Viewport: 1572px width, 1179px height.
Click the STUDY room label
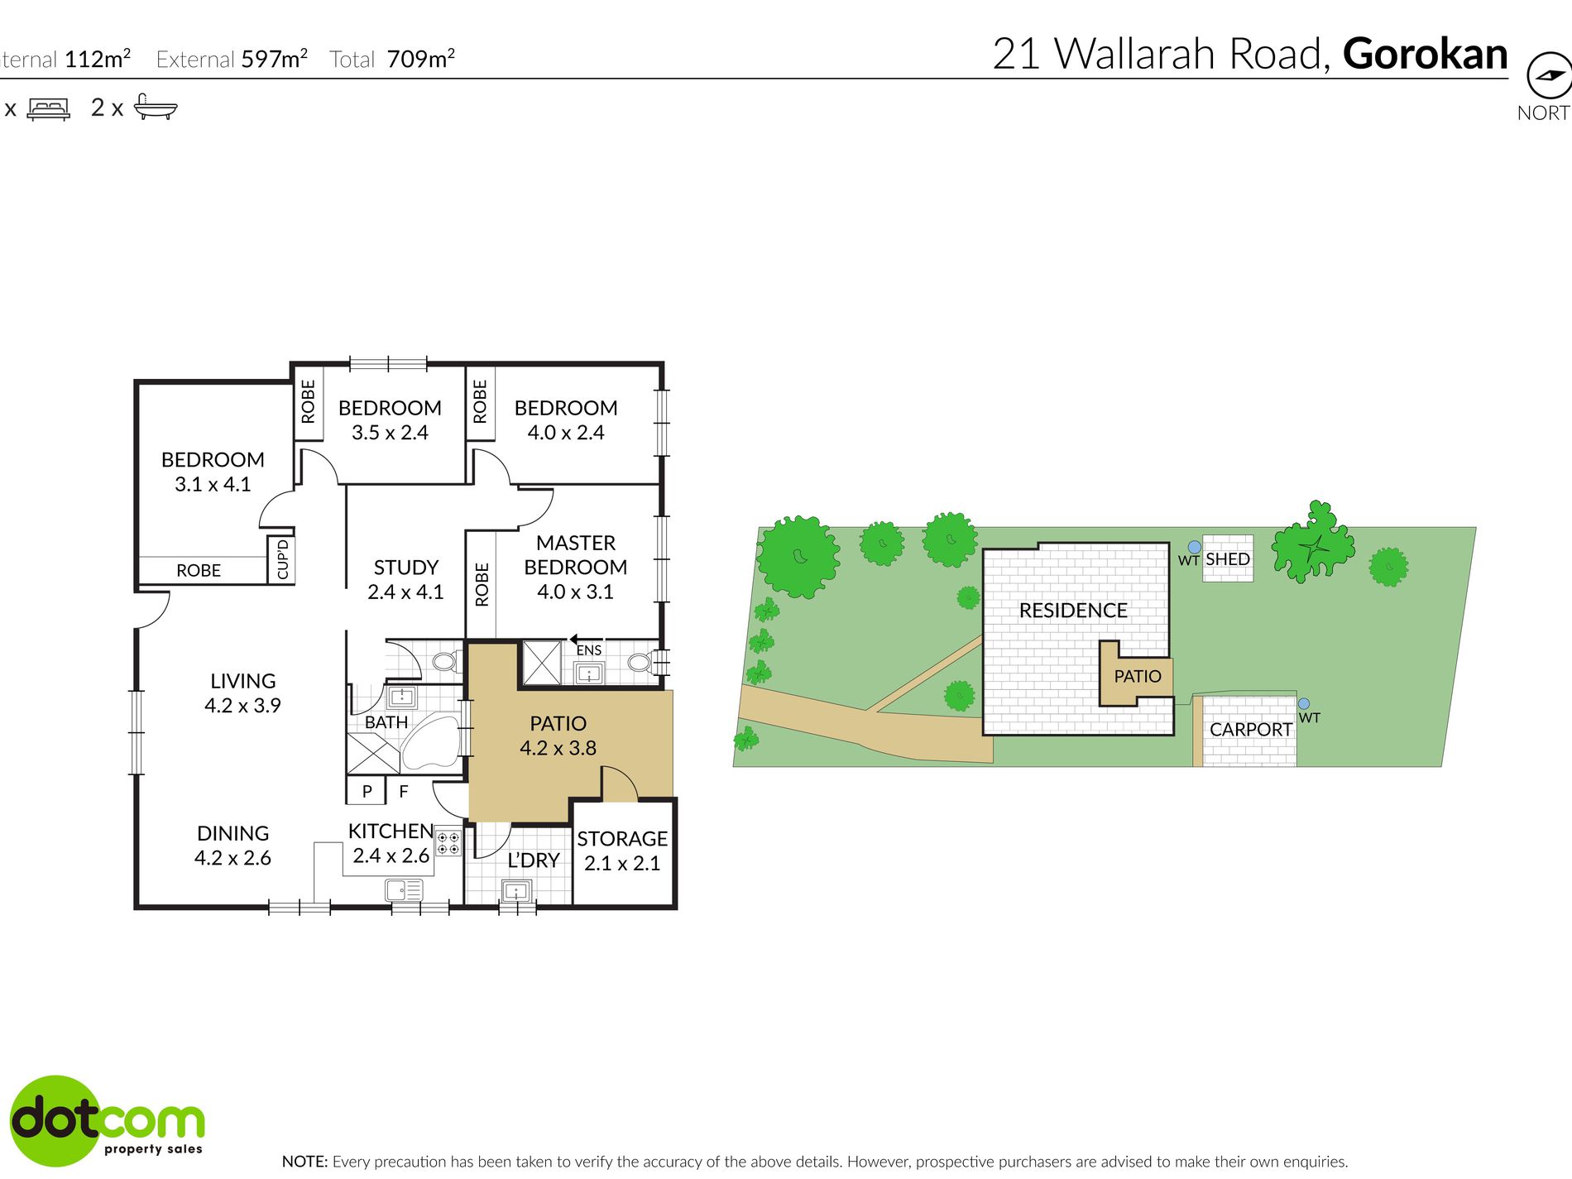click(405, 568)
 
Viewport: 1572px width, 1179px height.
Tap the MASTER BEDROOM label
click(576, 555)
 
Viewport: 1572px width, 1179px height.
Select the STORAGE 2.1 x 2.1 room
click(622, 852)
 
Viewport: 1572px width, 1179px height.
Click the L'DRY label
click(534, 860)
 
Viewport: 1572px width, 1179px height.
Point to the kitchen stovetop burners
click(448, 843)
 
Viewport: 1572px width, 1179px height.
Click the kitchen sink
click(404, 890)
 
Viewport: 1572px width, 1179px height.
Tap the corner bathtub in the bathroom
click(430, 743)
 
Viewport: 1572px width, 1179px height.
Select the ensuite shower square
click(542, 664)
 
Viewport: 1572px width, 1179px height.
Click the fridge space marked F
click(404, 792)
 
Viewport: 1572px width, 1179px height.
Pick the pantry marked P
click(367, 792)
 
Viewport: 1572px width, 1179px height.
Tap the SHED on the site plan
click(1228, 559)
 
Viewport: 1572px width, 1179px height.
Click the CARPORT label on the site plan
click(1251, 730)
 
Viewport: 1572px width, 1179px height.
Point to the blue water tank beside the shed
click(1195, 547)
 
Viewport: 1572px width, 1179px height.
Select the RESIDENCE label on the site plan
click(1073, 611)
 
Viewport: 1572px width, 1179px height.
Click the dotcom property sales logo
click(107, 1120)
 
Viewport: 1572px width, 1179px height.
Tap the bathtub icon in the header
click(156, 107)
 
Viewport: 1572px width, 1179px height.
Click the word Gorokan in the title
click(1425, 54)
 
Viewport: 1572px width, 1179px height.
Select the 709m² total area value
click(421, 59)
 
